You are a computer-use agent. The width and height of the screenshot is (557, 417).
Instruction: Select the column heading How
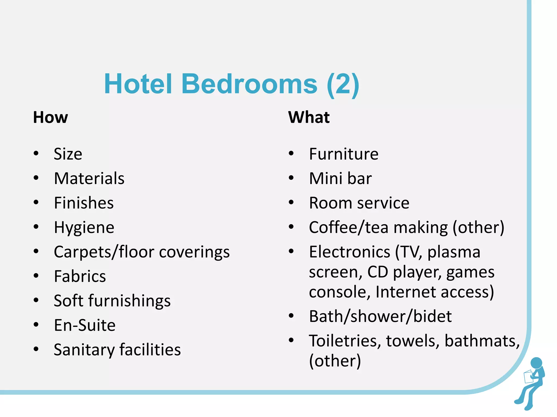[x=50, y=117]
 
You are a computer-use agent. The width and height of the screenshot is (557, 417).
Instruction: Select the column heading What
[x=309, y=117]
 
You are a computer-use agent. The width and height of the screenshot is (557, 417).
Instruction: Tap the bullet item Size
[x=68, y=154]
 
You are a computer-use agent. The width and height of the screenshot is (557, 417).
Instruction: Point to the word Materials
[x=89, y=178]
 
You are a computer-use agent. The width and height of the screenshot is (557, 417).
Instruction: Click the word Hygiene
[x=84, y=228]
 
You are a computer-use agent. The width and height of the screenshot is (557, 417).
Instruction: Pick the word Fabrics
[x=80, y=276]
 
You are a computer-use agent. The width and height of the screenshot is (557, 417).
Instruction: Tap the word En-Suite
[x=85, y=325]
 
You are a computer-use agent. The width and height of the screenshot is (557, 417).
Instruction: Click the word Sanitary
[x=84, y=350]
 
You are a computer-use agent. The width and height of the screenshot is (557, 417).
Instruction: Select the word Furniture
[x=344, y=154]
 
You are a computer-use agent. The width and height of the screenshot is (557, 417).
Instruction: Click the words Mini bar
[x=340, y=178]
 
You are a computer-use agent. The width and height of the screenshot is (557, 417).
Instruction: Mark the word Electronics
[x=349, y=252]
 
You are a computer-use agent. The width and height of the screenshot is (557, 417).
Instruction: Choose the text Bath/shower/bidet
[x=380, y=316]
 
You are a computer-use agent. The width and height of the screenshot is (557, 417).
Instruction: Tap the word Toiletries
[x=345, y=341]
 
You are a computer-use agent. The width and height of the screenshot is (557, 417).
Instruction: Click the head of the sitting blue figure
[x=536, y=363]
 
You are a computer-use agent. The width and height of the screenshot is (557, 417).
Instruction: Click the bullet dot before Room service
[x=291, y=203]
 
